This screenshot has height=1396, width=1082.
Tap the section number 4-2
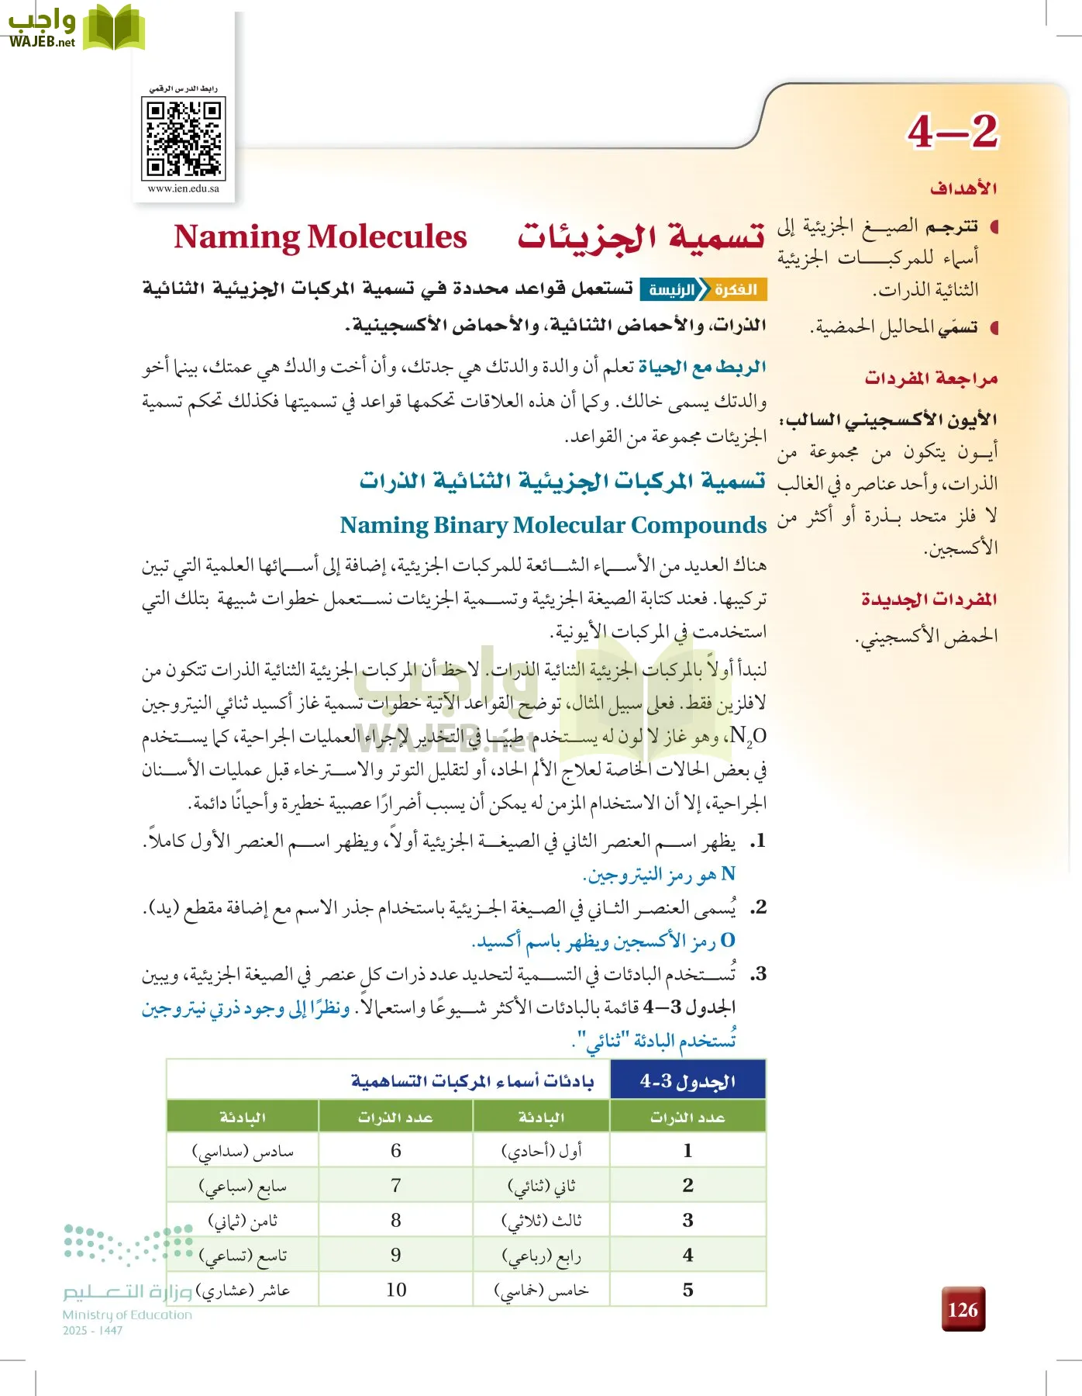tap(953, 131)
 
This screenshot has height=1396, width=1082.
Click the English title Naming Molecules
tap(320, 237)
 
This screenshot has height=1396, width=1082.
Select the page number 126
tap(963, 1310)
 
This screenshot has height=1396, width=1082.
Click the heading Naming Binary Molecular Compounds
tap(553, 525)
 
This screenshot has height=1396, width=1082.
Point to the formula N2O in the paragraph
tap(748, 735)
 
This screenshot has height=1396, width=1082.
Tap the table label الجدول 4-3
tap(687, 1081)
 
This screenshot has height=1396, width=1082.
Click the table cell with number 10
tap(396, 1290)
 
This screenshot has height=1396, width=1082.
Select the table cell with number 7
tap(396, 1186)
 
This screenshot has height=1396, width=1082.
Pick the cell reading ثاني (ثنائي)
tap(541, 1186)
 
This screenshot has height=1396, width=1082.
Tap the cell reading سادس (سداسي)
tap(243, 1152)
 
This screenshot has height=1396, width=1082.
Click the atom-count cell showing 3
tap(687, 1220)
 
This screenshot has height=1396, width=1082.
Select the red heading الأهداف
tap(963, 188)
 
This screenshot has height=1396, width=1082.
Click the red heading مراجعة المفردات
tap(931, 378)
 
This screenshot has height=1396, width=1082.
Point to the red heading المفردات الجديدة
tap(929, 600)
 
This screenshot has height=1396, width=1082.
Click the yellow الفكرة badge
tap(736, 290)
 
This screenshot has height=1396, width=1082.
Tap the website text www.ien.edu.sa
tap(184, 188)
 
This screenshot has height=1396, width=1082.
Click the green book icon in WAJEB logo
tap(113, 28)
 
